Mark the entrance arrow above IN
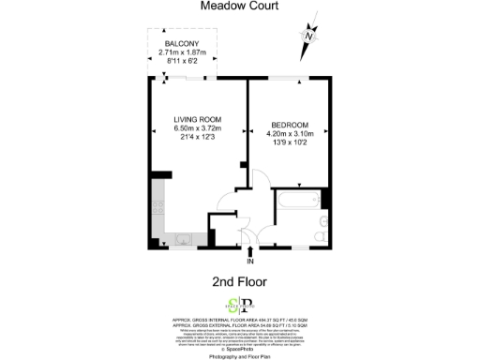coord(249,251)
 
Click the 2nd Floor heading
coord(241,280)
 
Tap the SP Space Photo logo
coord(240,304)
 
